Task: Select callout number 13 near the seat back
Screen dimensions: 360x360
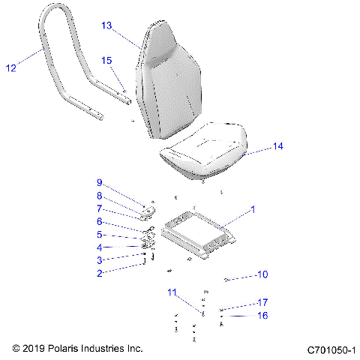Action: (x=106, y=25)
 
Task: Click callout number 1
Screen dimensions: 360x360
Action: (x=253, y=211)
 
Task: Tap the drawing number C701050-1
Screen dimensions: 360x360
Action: (x=331, y=350)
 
